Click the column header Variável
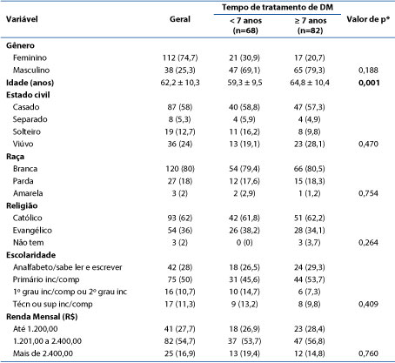22,19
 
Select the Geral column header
180,19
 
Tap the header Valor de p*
368,19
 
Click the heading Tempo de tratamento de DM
278,7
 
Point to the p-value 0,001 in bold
369,83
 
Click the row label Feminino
30,57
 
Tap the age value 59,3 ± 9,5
244,83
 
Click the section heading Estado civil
28,95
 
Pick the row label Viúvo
23,144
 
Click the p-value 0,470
368,144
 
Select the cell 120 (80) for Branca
180,169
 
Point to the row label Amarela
28,193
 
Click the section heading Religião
22,205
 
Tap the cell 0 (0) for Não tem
244,242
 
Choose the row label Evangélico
32,231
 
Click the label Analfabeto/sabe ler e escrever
68,267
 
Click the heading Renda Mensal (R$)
42,317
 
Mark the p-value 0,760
368,353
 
